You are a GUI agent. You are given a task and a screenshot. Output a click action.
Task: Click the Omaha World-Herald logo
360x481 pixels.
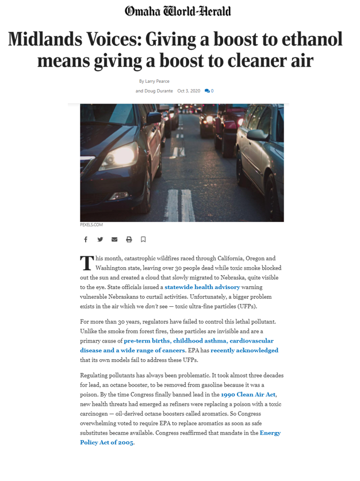click(178, 11)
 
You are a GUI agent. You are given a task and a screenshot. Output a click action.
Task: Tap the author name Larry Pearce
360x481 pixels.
click(158, 81)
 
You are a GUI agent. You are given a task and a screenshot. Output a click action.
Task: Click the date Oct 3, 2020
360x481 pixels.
click(189, 91)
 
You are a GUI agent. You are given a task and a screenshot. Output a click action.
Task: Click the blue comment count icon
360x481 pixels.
click(208, 91)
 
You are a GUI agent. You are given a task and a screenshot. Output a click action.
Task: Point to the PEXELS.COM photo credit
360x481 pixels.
click(91, 225)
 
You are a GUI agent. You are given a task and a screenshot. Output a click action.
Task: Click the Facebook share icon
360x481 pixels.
click(86, 239)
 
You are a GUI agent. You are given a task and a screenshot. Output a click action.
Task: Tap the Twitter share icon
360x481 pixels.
click(100, 239)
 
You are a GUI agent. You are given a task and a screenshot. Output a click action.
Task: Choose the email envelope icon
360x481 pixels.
click(114, 239)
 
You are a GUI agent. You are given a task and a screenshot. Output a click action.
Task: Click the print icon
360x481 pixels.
click(129, 239)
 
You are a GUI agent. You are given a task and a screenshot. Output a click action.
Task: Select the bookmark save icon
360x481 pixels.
click(143, 239)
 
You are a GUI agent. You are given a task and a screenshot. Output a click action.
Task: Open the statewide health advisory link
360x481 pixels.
click(202, 286)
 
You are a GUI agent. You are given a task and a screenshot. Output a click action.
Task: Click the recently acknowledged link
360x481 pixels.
click(244, 350)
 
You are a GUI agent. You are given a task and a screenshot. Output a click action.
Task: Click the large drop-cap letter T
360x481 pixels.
click(86, 263)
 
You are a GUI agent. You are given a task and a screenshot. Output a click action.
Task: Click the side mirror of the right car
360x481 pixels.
click(256, 136)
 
